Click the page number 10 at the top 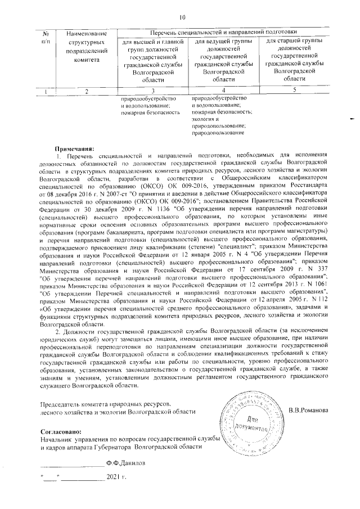pos(182,17)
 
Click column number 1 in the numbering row pos(46,91)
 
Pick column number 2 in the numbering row pos(86,91)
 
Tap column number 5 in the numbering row pos(294,90)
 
